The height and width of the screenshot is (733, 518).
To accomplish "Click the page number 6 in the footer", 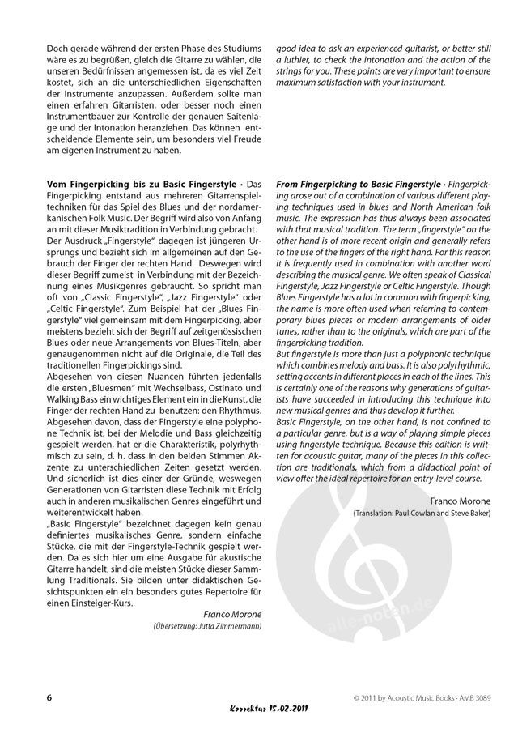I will click(49, 697).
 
